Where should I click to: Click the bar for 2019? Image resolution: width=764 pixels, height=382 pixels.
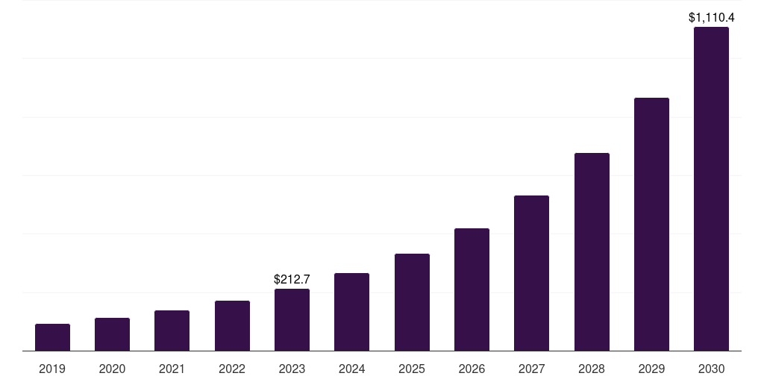52,337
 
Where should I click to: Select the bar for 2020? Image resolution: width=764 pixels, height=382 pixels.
112,334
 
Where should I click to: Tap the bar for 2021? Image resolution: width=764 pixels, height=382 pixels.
172,331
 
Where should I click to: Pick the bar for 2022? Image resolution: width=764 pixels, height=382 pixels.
232,325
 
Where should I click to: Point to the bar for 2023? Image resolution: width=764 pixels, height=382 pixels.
292,319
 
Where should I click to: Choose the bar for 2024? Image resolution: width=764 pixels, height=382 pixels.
351,312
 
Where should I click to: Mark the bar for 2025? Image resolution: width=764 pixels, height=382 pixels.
412,302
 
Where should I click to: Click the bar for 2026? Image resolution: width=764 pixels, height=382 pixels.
472,289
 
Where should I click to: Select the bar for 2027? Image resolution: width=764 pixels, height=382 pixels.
531,273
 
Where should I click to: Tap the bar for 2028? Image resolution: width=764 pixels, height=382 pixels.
592,251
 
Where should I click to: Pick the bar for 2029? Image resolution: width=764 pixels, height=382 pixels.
651,224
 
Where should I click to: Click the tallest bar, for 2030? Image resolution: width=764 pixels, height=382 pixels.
711,189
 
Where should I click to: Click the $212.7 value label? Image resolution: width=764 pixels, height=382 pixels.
292,280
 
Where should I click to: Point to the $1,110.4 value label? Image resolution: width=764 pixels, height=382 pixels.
711,17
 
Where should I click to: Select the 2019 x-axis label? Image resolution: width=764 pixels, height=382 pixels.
52,369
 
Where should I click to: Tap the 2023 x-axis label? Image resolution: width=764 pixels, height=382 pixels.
292,369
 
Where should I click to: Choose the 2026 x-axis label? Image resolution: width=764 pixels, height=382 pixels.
472,369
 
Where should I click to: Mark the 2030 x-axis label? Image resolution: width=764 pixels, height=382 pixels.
711,369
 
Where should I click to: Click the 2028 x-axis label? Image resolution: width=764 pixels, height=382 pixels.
592,369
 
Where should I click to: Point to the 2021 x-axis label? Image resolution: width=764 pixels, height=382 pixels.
172,369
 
